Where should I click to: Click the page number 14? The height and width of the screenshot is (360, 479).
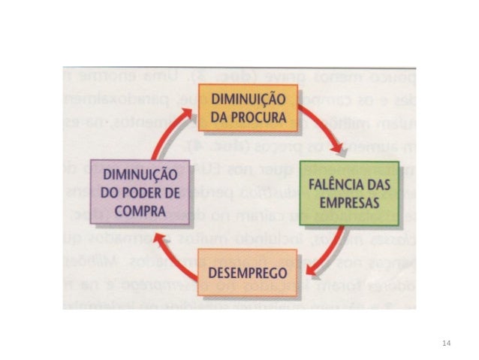(x=447, y=343)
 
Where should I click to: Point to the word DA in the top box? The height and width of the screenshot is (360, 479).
(x=217, y=117)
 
